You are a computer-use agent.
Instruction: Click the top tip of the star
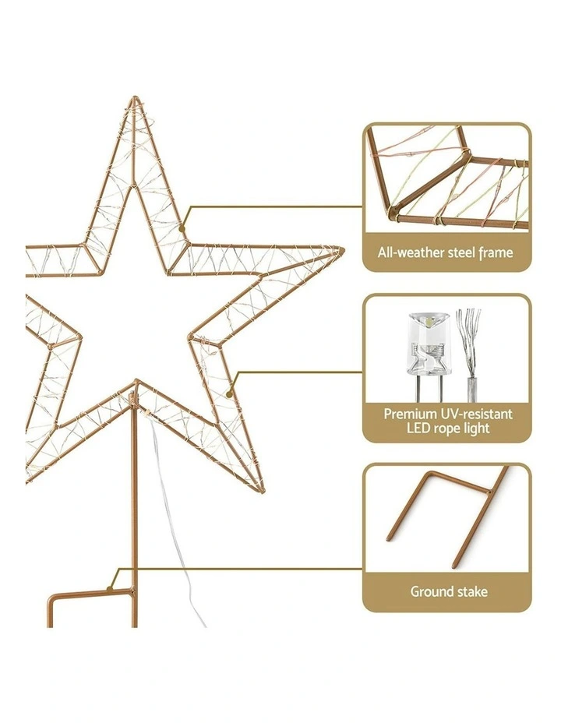tap(135, 97)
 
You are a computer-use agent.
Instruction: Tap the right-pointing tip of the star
tap(343, 250)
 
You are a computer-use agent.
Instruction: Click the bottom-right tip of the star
tap(263, 490)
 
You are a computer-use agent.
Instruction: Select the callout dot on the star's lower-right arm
tap(229, 394)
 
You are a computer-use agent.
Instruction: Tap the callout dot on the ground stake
tap(109, 588)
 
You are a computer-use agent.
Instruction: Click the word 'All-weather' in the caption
tap(404, 252)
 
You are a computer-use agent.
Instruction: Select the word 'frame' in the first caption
tap(496, 252)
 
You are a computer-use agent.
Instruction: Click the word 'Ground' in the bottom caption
tap(429, 591)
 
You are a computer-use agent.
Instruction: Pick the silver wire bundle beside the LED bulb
tap(470, 353)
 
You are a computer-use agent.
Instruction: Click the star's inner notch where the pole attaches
tap(136, 383)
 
